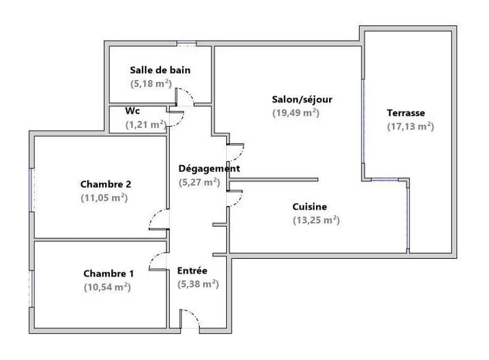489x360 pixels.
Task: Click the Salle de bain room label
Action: point(161,70)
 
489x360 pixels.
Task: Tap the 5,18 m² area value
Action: point(151,84)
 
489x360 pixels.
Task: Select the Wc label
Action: point(132,111)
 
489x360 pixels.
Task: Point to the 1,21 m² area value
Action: point(146,124)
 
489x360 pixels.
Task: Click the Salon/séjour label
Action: point(302,99)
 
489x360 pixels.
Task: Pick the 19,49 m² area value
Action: point(296,112)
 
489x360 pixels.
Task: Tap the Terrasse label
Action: point(406,113)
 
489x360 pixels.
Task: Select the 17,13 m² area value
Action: point(410,127)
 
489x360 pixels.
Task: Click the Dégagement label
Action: point(209,168)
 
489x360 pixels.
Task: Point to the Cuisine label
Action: point(310,207)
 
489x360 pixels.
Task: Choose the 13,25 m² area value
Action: point(316,220)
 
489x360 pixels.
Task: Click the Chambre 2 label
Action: point(106,184)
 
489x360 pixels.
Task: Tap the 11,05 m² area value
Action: point(104,198)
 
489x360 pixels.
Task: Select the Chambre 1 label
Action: point(109,274)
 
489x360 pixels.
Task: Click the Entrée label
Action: point(192,271)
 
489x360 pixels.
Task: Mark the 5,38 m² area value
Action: point(198,284)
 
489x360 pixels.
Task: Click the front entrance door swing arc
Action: point(194,314)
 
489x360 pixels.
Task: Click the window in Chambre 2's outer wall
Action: point(31,190)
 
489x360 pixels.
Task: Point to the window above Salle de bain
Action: point(187,44)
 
